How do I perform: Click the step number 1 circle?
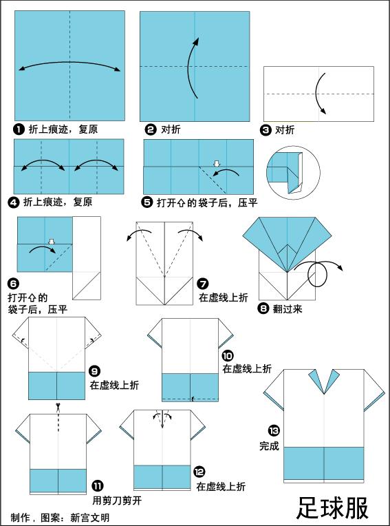(19, 129)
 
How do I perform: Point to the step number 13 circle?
(274, 431)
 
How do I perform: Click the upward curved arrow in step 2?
(192, 61)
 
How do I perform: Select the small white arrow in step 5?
(217, 164)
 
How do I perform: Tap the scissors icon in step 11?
(60, 406)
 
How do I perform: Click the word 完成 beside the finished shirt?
(270, 445)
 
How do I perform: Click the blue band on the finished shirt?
(323, 463)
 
